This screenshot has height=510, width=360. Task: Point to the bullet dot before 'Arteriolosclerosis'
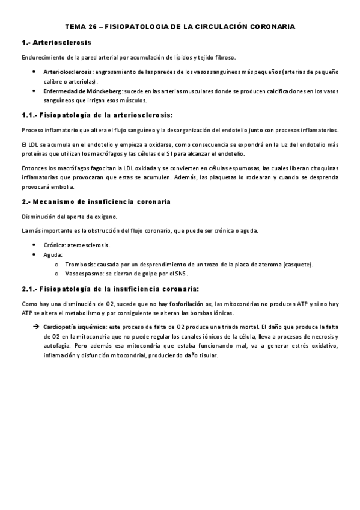tap(35, 72)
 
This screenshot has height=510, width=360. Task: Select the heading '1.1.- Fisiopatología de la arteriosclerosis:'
tap(97, 115)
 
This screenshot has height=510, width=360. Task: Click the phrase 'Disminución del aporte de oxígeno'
tap(70, 217)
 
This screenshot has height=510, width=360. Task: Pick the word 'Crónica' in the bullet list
tap(55, 245)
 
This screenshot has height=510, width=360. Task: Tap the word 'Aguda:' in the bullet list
tap(53, 254)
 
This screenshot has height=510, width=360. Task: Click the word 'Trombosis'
tap(78, 264)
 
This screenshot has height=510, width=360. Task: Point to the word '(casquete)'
tap(297, 264)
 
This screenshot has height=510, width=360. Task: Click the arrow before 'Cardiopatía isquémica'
tap(35, 327)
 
